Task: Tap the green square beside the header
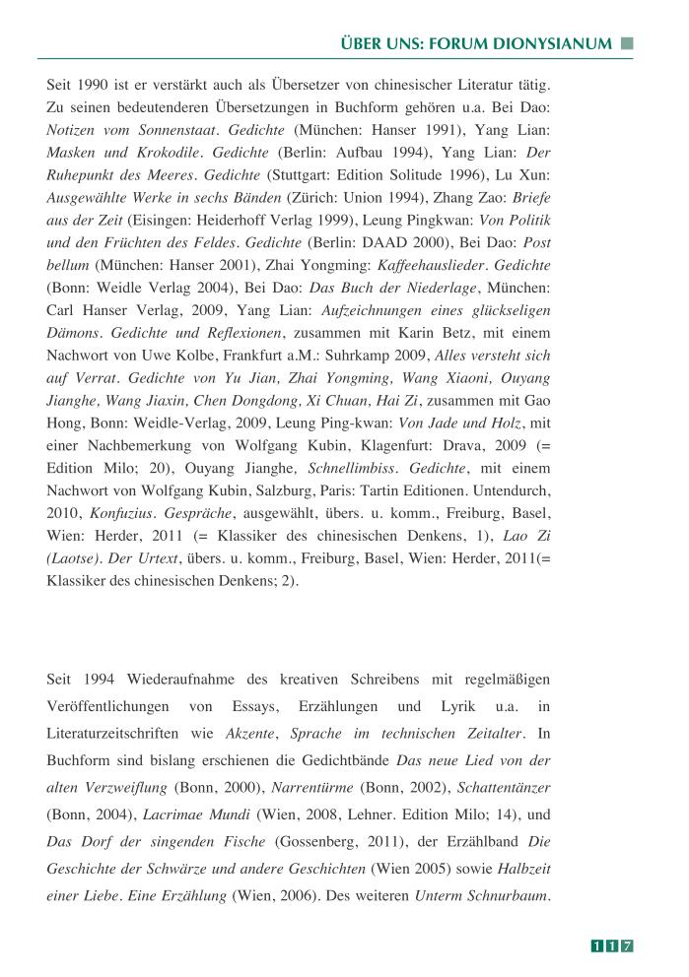627,43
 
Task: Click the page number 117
612,946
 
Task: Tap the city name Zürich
314,206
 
